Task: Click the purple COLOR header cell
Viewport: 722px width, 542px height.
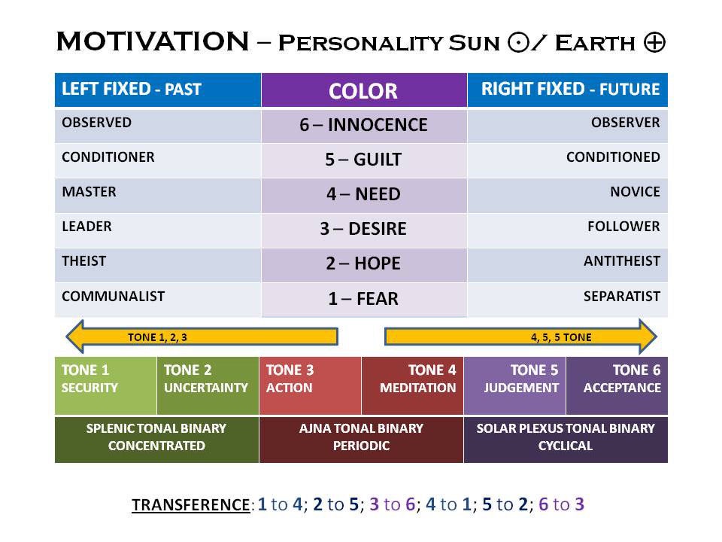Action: [x=364, y=90]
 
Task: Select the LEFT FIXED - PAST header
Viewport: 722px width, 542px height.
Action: [x=158, y=90]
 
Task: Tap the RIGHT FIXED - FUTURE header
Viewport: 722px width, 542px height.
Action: [x=567, y=90]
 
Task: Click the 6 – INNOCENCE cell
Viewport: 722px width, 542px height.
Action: [x=364, y=125]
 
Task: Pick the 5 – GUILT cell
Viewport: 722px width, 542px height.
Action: [x=364, y=160]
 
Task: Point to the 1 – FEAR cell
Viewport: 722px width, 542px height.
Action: [x=364, y=299]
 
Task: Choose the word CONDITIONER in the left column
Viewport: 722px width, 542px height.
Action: [x=108, y=157]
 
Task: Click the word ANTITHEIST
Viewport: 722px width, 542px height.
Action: [x=622, y=261]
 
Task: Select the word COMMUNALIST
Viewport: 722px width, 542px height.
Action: [x=114, y=297]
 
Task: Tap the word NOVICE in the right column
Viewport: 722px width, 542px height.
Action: [x=635, y=192]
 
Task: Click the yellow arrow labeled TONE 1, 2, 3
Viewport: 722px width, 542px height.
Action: [x=202, y=336]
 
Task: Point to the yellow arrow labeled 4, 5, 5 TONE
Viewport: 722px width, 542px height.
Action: [x=520, y=336]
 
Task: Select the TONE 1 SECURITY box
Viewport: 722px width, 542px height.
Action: [x=106, y=385]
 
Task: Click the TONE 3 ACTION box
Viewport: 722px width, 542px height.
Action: [x=311, y=385]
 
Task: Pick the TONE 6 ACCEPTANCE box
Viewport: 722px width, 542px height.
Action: [x=617, y=385]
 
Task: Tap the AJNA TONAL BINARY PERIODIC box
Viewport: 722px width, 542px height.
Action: [x=362, y=440]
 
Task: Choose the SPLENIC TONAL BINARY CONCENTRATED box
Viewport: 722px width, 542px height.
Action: [x=157, y=440]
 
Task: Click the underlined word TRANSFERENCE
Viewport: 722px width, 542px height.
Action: [x=191, y=504]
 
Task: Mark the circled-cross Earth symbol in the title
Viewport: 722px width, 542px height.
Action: [x=654, y=42]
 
